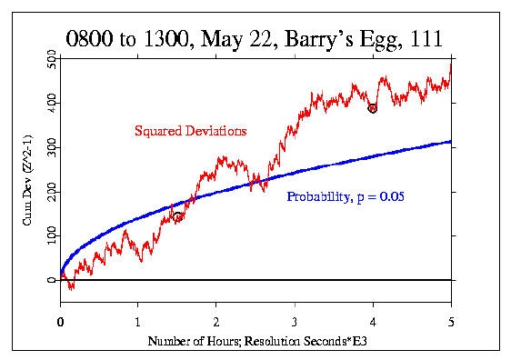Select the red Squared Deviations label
point(190,131)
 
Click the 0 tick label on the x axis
point(60,321)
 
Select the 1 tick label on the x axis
point(138,321)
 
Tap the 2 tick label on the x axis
point(216,321)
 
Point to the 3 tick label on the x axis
point(295,321)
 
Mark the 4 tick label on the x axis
point(373,321)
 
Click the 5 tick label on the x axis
point(451,321)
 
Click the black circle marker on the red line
point(373,108)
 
